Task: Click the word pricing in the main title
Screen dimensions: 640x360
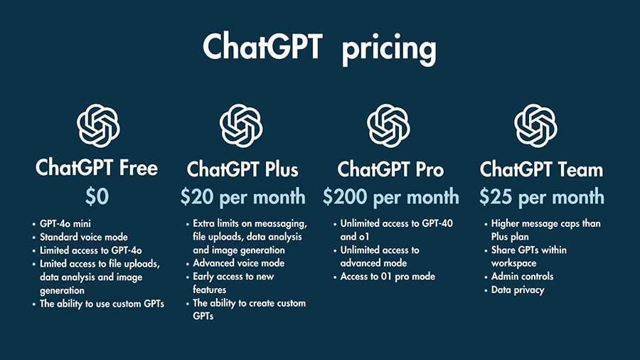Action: point(388,49)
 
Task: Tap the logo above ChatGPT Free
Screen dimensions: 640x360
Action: point(98,125)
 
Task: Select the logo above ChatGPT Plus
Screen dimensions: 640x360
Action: point(241,125)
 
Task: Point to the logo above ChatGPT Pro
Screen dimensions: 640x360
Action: point(388,125)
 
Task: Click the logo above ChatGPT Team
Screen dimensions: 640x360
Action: point(535,125)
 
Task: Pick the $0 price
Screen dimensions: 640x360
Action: point(97,196)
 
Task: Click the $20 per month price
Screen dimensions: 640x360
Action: point(243,197)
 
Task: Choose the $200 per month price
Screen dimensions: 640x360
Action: point(391,197)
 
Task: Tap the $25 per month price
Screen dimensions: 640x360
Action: point(542,197)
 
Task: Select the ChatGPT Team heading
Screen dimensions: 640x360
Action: point(541,169)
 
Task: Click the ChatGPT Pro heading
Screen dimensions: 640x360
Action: point(390,169)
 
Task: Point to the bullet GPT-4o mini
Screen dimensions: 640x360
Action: point(65,223)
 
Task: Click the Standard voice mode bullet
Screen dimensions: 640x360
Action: point(84,237)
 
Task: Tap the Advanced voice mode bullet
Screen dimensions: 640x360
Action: point(239,263)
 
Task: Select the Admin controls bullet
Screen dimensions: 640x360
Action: point(523,276)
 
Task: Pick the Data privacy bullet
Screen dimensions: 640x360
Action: point(518,290)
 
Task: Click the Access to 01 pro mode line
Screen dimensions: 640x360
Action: point(388,276)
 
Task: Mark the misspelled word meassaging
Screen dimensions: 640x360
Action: point(281,223)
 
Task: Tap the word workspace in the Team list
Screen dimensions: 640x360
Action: point(513,263)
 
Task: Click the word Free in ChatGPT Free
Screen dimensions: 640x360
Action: point(139,168)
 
